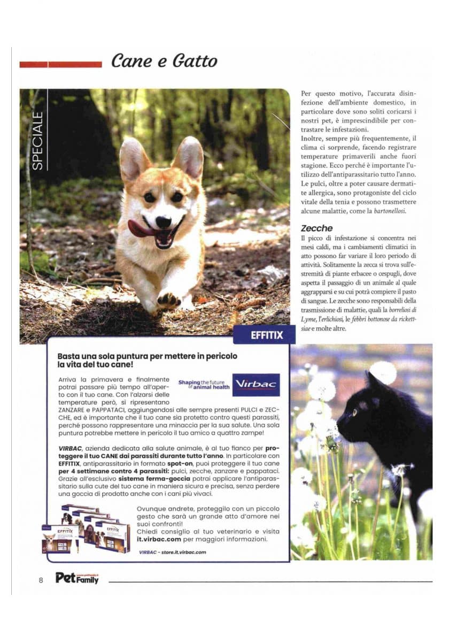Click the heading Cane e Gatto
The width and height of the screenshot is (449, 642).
point(164,62)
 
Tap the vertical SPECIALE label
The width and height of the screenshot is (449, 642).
point(37,140)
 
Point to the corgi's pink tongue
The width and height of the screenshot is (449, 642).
point(140,229)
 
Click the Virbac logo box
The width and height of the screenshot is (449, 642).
point(256,385)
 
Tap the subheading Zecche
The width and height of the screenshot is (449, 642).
point(316,228)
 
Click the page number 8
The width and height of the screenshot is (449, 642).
point(41,580)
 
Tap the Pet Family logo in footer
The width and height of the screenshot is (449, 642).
point(77,578)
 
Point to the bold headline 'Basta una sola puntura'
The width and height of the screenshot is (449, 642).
point(147,360)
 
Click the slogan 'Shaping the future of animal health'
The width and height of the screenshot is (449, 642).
point(202,385)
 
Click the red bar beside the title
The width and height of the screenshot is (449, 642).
point(60,64)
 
